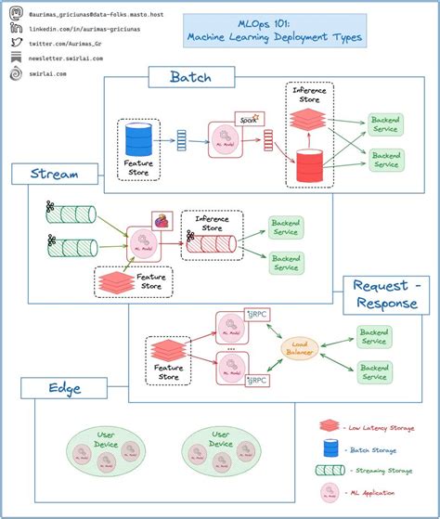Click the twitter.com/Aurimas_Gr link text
(x=71, y=43)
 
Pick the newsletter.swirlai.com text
(x=72, y=58)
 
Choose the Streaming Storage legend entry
(x=379, y=470)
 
